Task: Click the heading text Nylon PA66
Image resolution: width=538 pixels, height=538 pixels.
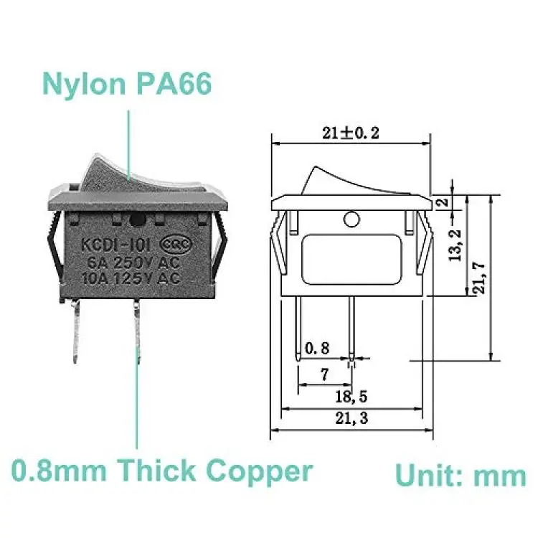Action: click(x=127, y=85)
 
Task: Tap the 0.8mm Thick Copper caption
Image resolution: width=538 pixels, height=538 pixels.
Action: click(x=162, y=471)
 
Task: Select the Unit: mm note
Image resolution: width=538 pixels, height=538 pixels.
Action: click(x=461, y=476)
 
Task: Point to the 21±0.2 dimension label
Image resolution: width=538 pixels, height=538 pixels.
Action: click(x=351, y=133)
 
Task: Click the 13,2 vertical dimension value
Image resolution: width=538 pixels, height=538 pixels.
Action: click(x=456, y=245)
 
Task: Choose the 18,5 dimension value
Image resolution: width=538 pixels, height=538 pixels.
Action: click(x=351, y=397)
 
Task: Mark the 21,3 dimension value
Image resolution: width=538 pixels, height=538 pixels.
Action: click(x=351, y=418)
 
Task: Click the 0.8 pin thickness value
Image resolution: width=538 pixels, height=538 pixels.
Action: click(x=317, y=348)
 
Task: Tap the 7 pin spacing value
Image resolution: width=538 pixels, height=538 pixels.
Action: click(x=324, y=374)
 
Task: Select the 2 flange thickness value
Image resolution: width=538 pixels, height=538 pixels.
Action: click(x=443, y=202)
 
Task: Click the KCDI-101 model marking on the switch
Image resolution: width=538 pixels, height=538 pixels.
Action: click(x=115, y=245)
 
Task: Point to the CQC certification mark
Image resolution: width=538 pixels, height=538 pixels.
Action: click(x=176, y=244)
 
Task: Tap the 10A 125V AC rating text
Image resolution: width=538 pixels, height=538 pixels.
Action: click(x=131, y=278)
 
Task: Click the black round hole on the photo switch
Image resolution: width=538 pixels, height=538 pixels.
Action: click(x=138, y=220)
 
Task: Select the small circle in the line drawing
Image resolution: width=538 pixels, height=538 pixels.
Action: click(x=351, y=220)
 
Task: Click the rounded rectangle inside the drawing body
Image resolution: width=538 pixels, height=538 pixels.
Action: click(x=351, y=260)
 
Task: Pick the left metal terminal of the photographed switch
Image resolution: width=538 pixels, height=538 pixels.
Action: click(x=75, y=331)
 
